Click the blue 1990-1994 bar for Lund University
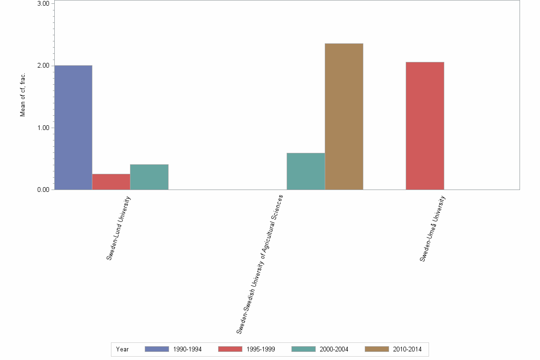point(73,128)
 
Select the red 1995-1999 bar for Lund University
point(111,182)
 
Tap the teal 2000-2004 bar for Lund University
point(149,177)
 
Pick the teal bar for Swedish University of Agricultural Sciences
point(306,171)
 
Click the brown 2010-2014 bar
point(344,117)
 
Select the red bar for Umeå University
point(425,126)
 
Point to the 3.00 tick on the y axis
point(43,3)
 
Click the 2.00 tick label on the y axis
point(43,66)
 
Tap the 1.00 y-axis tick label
point(43,128)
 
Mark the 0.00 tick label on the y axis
point(43,190)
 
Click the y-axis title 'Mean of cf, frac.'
point(22,95)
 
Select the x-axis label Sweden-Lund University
point(119,229)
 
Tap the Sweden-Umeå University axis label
point(432,229)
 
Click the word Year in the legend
point(122,349)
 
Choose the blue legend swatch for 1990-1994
point(157,349)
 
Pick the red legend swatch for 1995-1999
point(230,349)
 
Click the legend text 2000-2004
point(334,349)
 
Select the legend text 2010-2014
point(407,349)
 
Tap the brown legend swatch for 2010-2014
point(377,349)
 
